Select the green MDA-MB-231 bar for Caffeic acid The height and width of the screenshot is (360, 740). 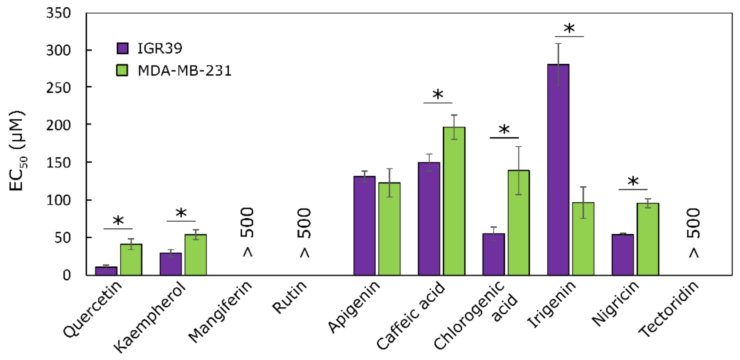tap(454, 201)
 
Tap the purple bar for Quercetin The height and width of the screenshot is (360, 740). tap(106, 271)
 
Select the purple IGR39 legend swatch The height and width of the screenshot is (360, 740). tap(122, 48)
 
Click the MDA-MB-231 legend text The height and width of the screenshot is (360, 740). tap(184, 71)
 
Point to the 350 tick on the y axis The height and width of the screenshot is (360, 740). tap(58, 13)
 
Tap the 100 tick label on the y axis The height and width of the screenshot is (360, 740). tap(58, 200)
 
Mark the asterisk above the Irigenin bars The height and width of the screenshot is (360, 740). tap(569, 29)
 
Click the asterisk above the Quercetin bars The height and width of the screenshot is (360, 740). tap(118, 221)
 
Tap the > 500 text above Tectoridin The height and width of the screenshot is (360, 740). tap(694, 232)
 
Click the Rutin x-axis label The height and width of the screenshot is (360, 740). tap(290, 297)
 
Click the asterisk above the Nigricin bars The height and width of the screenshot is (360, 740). tap(633, 182)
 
